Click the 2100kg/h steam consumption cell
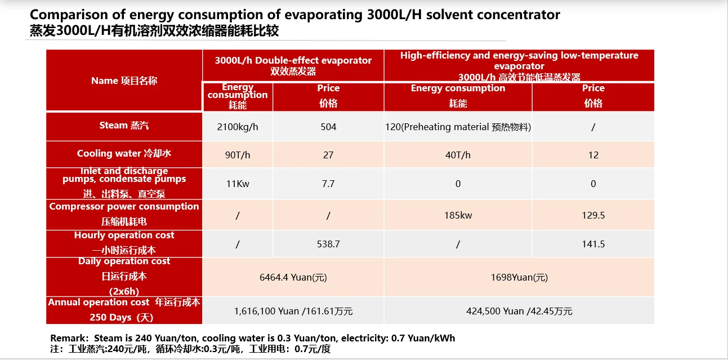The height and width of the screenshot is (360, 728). point(238,127)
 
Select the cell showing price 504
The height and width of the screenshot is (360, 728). point(328,127)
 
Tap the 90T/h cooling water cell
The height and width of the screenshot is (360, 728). point(238,155)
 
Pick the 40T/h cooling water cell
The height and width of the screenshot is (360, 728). point(458,155)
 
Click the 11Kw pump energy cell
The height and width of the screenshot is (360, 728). point(238,184)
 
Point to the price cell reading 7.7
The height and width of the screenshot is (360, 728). point(328,184)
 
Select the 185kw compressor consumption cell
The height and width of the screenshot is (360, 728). point(458,215)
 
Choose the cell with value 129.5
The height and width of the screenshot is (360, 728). point(593,215)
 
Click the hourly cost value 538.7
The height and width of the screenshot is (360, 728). point(328,244)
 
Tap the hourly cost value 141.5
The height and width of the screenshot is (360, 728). point(593,244)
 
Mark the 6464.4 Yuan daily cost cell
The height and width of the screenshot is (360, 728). point(293,277)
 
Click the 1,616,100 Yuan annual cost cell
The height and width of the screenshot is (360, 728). point(293,311)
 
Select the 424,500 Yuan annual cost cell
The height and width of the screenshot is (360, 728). point(519,311)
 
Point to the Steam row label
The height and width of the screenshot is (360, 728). point(124,126)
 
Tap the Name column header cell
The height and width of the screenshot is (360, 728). point(124,81)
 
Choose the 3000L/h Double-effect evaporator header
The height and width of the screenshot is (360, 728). point(293,65)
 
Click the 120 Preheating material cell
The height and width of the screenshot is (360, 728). point(458,127)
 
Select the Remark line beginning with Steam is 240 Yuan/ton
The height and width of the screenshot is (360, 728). point(253,338)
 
